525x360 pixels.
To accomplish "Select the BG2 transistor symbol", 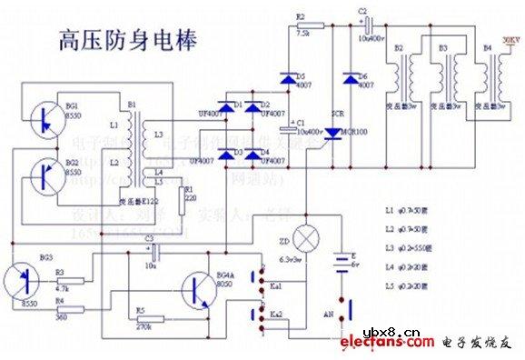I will click(43, 175).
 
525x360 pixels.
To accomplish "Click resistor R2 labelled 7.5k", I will click(304, 25).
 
